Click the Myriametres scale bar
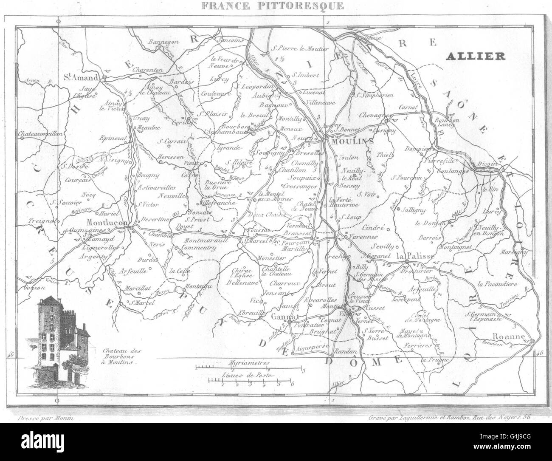248,367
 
